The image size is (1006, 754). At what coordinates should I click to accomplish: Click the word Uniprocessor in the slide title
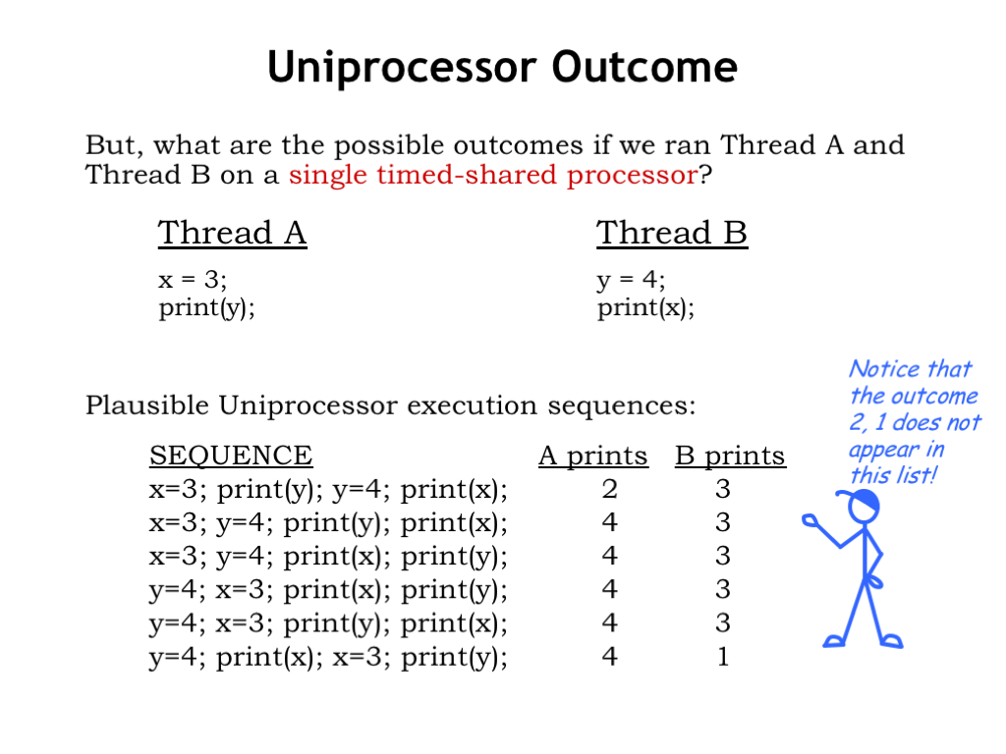point(402,68)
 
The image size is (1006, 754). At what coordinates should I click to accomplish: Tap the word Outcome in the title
point(644,67)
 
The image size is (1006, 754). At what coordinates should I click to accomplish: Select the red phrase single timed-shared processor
point(493,175)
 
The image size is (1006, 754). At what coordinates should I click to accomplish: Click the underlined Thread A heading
point(232,233)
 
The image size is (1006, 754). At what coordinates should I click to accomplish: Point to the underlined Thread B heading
point(672,233)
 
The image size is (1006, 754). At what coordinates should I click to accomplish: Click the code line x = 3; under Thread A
point(193,280)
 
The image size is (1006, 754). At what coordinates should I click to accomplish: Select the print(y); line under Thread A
point(206,307)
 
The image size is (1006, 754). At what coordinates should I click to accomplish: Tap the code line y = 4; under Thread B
point(631,280)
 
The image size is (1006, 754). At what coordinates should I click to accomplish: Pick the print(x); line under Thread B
point(645,307)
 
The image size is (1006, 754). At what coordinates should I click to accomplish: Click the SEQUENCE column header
point(231,456)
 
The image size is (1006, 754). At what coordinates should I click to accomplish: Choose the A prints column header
point(593,456)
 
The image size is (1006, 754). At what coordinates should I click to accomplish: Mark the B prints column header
point(730,456)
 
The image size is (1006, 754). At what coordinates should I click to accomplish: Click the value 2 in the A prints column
point(609,489)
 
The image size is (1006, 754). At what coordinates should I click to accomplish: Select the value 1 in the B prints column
point(723,657)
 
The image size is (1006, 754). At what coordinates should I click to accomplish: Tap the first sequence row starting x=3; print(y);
point(328,490)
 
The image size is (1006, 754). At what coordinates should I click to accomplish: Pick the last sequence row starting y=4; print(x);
point(328,657)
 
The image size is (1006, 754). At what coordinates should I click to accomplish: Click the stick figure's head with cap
point(860,507)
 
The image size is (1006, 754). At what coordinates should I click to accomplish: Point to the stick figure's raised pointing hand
point(810,520)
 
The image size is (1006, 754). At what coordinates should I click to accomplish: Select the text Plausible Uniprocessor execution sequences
point(390,405)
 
